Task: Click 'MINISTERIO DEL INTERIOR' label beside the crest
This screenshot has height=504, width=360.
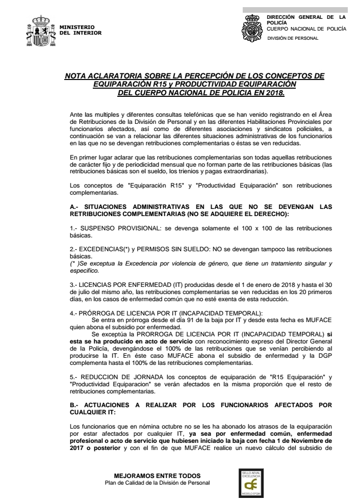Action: click(81, 30)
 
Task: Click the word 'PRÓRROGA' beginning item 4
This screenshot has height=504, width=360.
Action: click(97, 311)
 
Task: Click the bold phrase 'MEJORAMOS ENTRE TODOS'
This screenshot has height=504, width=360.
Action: click(157, 475)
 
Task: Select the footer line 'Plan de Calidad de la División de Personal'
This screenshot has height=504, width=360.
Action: click(157, 482)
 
